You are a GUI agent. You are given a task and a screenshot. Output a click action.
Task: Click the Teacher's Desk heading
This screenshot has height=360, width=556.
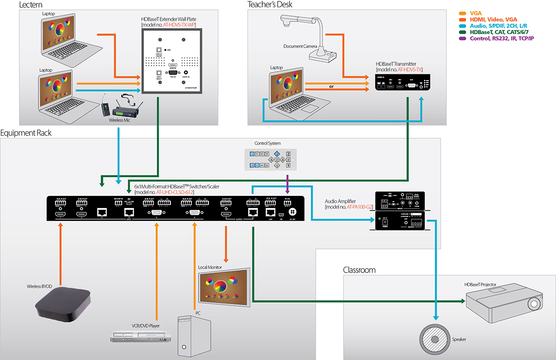270,5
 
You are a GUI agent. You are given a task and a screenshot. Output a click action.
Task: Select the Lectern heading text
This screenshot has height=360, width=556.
31,5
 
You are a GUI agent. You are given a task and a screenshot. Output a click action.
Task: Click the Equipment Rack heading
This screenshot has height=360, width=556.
26,133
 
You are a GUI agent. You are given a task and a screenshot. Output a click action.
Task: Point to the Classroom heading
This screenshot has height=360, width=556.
359,270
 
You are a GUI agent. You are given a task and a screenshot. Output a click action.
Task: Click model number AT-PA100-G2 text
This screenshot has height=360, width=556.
361,207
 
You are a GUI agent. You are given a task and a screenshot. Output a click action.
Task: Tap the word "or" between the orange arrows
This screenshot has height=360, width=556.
331,87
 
